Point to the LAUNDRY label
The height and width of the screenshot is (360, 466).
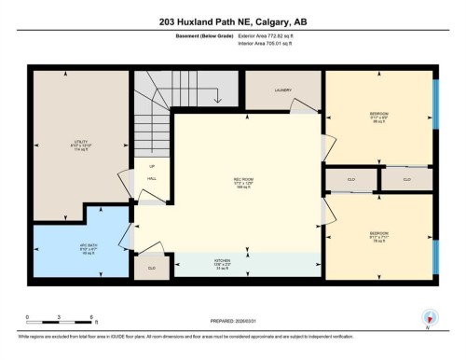click(283, 90)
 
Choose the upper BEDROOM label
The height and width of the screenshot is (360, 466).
click(378, 117)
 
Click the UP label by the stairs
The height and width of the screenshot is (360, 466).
click(151, 166)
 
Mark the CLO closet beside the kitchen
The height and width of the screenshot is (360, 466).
click(151, 267)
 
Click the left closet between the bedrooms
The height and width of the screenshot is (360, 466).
click(350, 178)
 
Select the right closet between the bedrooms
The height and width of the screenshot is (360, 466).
click(406, 178)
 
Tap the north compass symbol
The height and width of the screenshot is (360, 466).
click(428, 318)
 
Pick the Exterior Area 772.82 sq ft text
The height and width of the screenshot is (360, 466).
click(279, 35)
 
